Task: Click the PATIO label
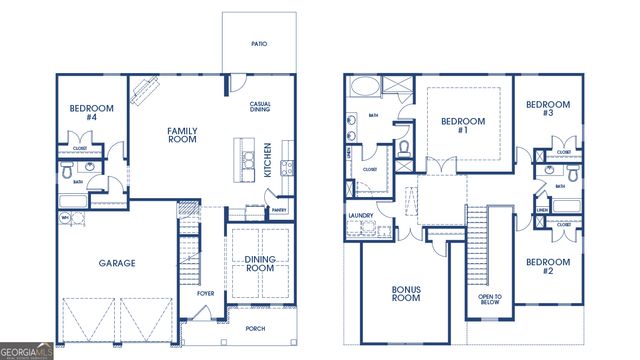[258, 44]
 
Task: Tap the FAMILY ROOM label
[182, 134]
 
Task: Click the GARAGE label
[117, 264]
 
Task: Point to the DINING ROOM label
[260, 263]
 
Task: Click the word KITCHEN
[268, 160]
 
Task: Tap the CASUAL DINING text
[261, 108]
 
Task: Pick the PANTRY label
[280, 210]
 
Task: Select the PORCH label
[256, 327]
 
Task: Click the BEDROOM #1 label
[463, 126]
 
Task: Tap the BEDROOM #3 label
[547, 109]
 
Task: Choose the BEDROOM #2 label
[547, 266]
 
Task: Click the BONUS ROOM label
[406, 292]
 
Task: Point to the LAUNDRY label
[360, 216]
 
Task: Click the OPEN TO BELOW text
[490, 299]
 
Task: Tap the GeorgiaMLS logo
[27, 351]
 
